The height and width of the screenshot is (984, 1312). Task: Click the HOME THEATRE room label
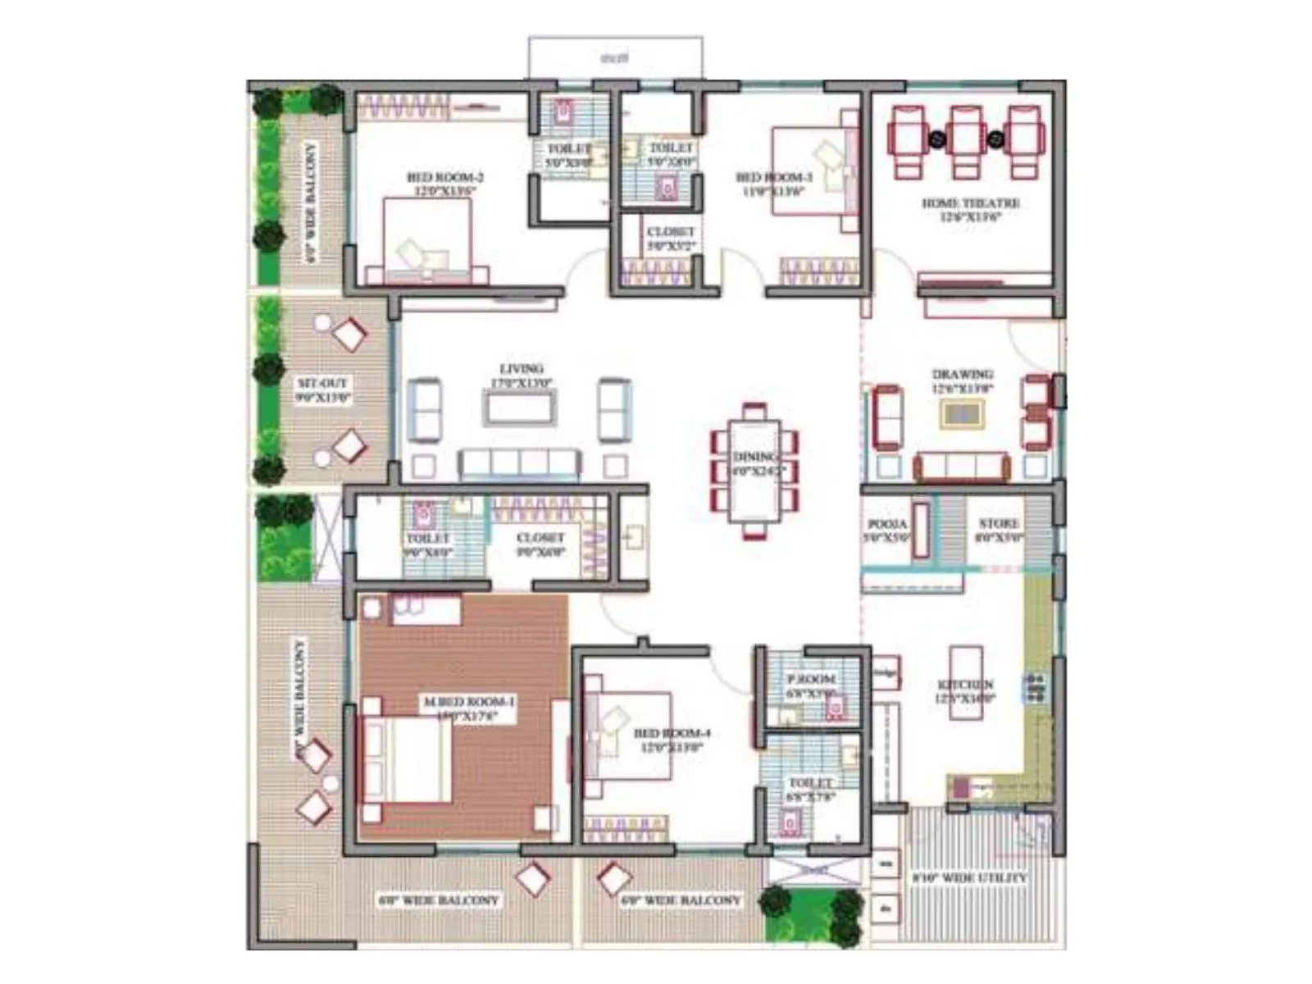pos(971,203)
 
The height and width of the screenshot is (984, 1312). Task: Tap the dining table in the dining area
pos(754,471)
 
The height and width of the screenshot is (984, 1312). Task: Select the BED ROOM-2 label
pos(444,177)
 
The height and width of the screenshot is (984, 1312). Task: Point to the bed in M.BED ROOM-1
pos(408,758)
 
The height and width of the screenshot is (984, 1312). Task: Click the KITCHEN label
pos(966,685)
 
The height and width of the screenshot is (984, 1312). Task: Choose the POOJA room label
pos(887,524)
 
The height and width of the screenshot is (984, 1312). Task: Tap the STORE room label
pos(999,524)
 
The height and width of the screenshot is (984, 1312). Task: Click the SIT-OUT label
pos(322,383)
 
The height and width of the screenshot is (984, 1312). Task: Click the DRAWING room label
pos(963,376)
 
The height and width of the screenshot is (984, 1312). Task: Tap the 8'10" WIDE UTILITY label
pos(968,878)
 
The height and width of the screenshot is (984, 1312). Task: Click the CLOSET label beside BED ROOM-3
pos(671,232)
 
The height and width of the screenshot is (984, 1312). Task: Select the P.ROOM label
pos(811,679)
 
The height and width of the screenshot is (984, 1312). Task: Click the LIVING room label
pos(522,369)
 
